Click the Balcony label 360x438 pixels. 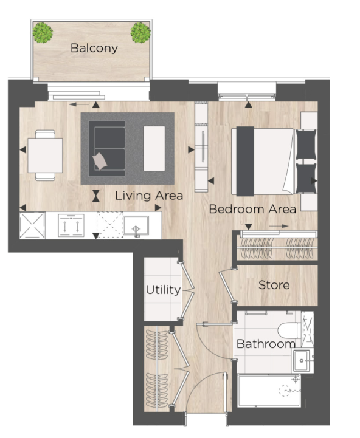point(94,48)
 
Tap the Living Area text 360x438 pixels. point(149,196)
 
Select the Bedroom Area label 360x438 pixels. point(252,209)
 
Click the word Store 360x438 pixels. point(274,285)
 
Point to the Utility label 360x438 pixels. point(163,290)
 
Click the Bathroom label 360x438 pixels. point(266,344)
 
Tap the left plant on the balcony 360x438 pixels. point(43,33)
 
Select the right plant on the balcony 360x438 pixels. point(140,33)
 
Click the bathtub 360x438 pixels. point(269,391)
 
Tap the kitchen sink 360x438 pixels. point(136,226)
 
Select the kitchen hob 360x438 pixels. point(71,225)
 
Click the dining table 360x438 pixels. point(45,156)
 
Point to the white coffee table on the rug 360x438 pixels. point(154,148)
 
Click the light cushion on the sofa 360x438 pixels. point(100,162)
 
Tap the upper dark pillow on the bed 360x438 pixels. point(306,145)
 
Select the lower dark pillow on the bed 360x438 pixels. point(306,178)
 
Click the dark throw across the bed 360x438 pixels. point(245,161)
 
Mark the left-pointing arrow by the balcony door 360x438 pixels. point(78,104)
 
